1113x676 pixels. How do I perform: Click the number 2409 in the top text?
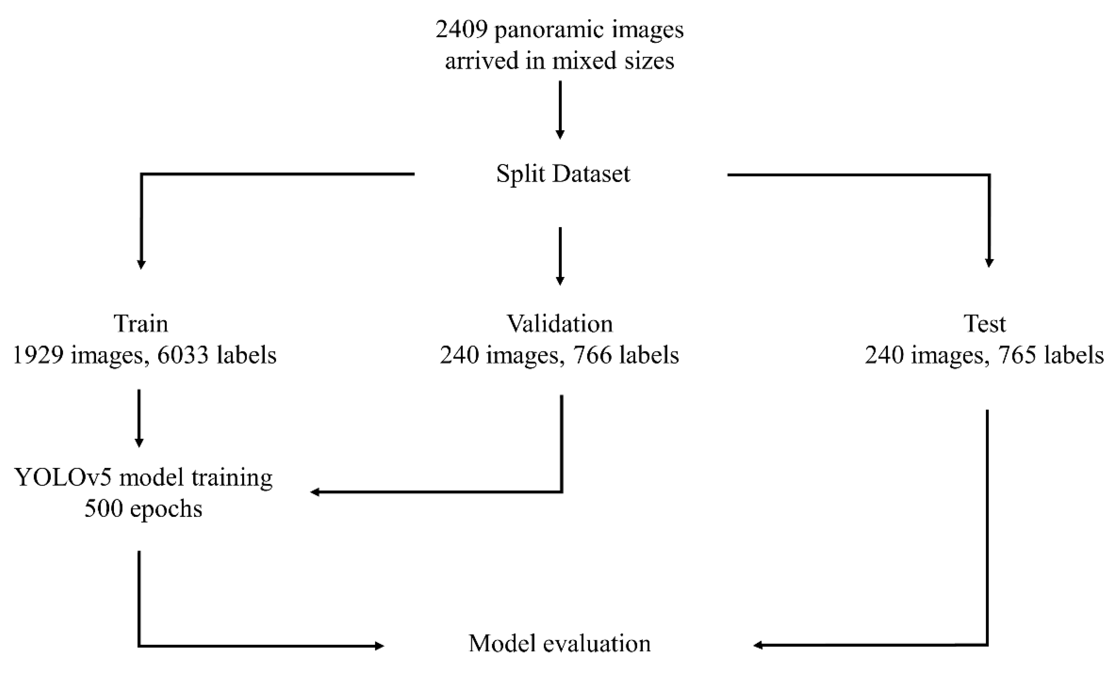pyautogui.click(x=461, y=30)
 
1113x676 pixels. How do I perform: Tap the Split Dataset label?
pyautogui.click(x=563, y=173)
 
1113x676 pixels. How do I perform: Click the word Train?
pyautogui.click(x=141, y=324)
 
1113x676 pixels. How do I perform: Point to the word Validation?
pyautogui.click(x=560, y=324)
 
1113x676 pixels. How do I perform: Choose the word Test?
pyautogui.click(x=985, y=324)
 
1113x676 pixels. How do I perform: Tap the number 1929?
pyautogui.click(x=38, y=355)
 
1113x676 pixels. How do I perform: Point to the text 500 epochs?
pyautogui.click(x=143, y=509)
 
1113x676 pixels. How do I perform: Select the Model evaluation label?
pyautogui.click(x=560, y=644)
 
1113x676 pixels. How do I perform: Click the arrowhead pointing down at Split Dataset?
pyautogui.click(x=560, y=135)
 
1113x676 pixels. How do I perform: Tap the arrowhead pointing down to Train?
pyautogui.click(x=141, y=265)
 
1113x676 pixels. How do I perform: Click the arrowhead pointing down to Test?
pyautogui.click(x=989, y=263)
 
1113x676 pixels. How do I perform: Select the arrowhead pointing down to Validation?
pyautogui.click(x=560, y=281)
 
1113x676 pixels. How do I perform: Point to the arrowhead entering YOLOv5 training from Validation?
pyautogui.click(x=315, y=492)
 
